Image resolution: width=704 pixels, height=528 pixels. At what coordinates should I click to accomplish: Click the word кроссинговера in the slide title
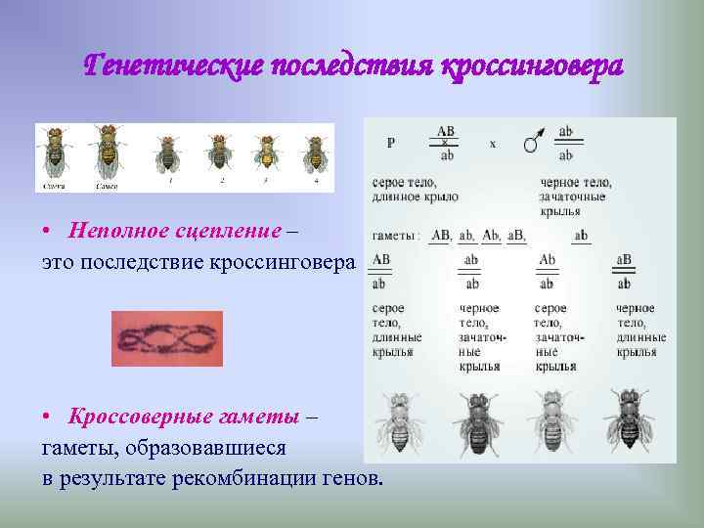coord(532,66)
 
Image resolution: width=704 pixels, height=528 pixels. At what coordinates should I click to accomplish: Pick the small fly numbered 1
coord(167,154)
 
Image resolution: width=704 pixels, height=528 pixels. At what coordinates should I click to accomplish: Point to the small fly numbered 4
coord(314,154)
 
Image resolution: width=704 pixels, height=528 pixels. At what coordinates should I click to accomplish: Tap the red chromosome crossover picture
coord(167,338)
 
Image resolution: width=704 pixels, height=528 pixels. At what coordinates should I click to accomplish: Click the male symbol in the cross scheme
coord(532,143)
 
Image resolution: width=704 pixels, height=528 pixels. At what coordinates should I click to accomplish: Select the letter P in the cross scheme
coord(391,143)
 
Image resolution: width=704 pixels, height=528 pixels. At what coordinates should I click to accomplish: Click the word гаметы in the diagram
coord(395,236)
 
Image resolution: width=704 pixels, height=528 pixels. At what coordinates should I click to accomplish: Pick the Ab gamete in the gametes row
coord(491,236)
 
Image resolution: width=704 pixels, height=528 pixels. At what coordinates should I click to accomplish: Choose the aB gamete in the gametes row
coord(515,236)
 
